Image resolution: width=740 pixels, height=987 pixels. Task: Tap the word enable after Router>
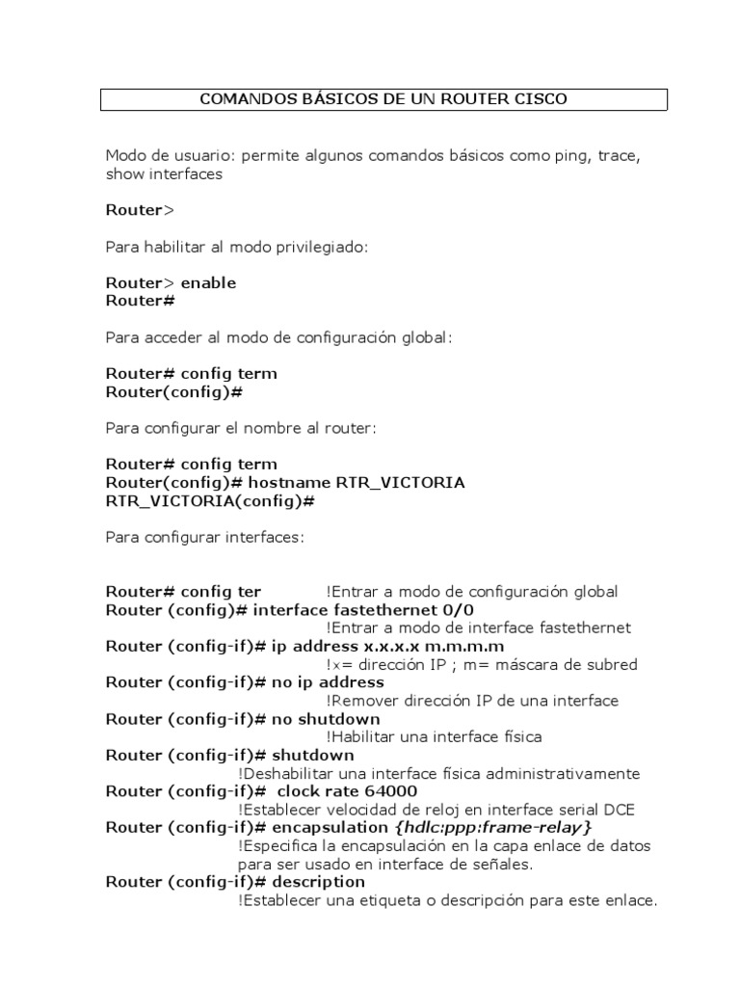(208, 282)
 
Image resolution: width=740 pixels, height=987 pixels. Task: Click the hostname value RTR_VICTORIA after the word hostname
(400, 482)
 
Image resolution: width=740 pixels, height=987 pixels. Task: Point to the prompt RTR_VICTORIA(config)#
(211, 500)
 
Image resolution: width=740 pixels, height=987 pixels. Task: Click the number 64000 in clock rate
(391, 791)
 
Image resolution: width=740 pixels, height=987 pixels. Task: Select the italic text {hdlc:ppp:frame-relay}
(492, 827)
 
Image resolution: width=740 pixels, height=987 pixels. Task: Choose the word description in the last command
(319, 882)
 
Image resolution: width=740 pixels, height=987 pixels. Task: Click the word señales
(504, 864)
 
